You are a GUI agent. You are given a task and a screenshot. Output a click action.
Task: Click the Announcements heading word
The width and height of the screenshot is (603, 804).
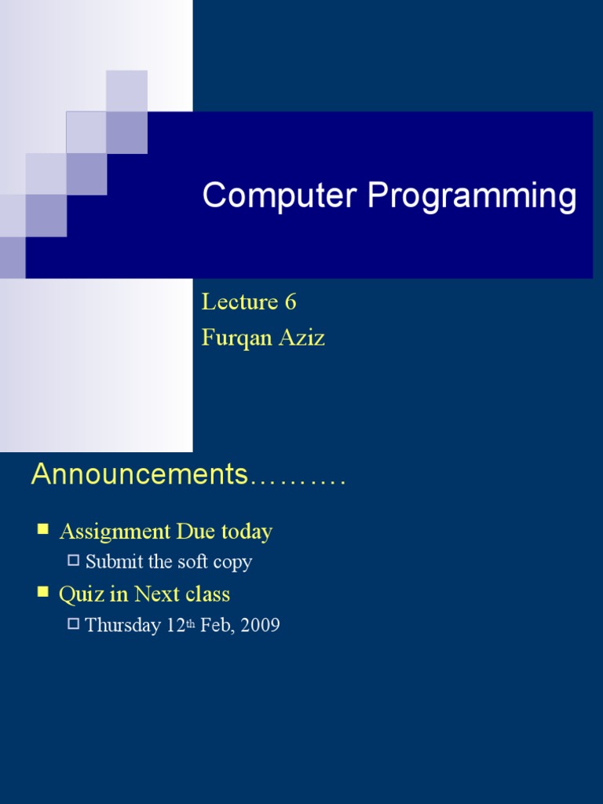point(139,475)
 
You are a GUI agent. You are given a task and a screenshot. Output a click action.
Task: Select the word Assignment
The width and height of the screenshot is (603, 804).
point(115,532)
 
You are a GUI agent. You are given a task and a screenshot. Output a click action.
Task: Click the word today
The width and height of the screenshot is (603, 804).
point(246,532)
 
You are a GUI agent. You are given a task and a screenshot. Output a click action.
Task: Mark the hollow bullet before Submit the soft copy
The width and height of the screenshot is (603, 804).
point(74,560)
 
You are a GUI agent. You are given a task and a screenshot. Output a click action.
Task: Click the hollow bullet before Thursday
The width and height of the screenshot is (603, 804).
point(74,623)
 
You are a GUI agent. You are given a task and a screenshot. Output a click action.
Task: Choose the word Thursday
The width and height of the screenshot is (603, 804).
point(122,626)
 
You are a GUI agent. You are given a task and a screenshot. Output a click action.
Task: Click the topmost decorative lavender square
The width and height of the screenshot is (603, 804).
point(126,90)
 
